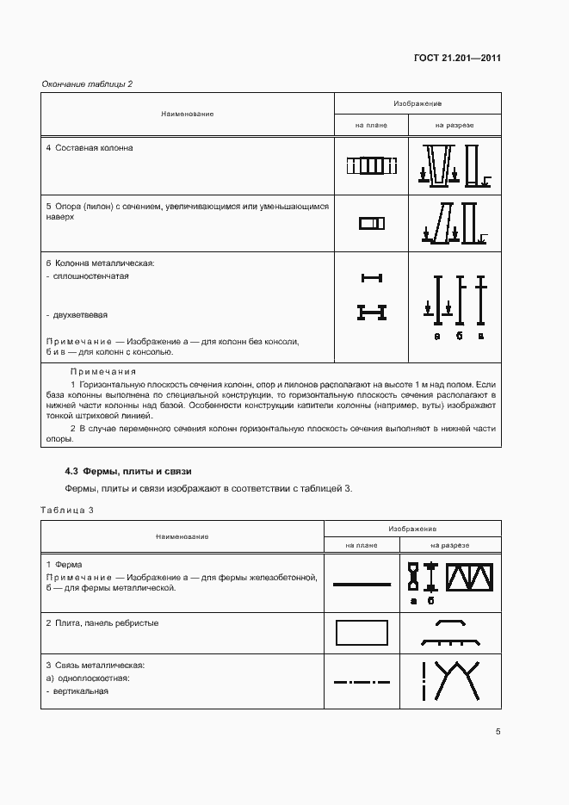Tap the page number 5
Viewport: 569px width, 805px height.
498,732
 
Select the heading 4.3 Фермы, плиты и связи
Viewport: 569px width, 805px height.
128,472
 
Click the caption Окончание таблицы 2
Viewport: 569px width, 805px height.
87,84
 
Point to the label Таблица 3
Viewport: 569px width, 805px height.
67,510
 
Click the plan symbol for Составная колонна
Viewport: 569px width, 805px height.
372,166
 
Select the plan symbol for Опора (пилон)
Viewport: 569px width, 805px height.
372,224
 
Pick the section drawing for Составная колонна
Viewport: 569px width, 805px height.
455,165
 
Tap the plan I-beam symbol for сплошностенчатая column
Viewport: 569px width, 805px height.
372,278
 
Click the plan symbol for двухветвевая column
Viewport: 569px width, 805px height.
372,312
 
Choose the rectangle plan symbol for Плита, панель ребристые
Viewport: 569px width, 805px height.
362,634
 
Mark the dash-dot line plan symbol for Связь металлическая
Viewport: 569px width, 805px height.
362,682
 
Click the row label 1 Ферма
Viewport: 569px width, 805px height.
64,564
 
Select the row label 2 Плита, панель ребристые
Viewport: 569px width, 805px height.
102,622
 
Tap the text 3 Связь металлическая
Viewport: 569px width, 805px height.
95,666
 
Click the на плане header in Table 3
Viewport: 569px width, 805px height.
362,545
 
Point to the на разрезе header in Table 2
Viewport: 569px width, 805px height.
455,126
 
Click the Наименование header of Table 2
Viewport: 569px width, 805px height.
187,114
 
